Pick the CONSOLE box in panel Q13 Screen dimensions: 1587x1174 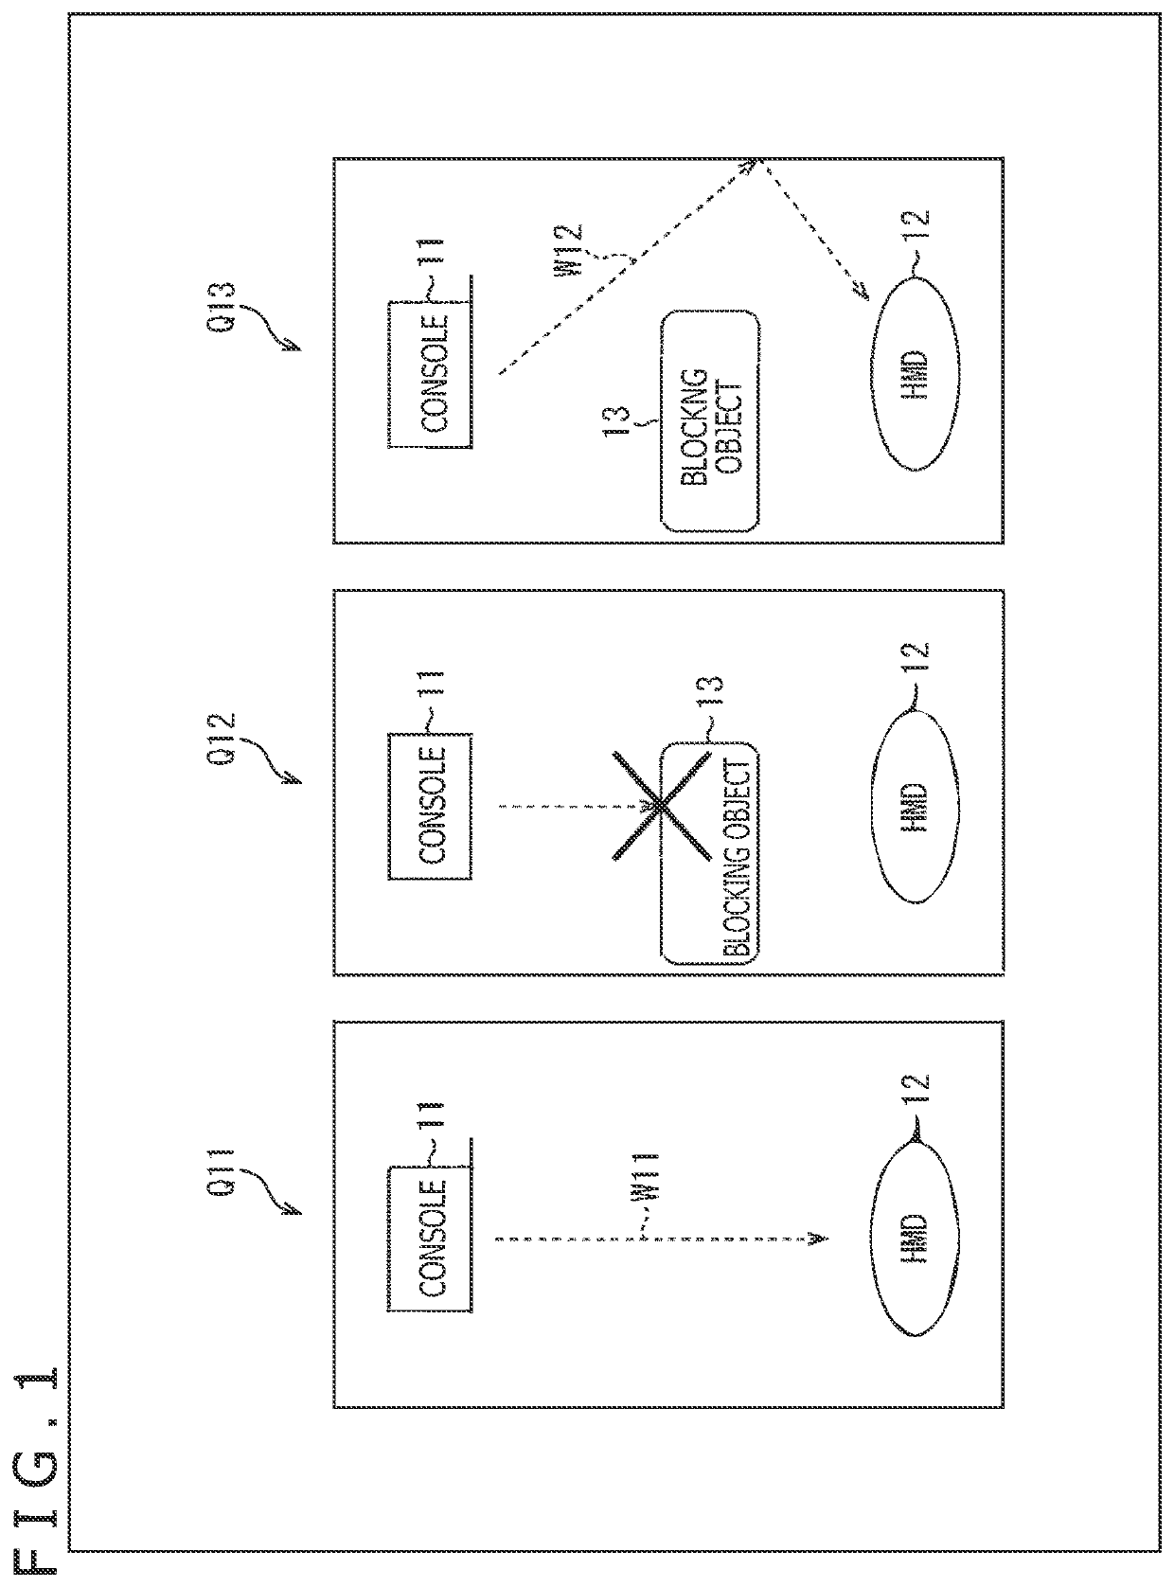[x=430, y=374]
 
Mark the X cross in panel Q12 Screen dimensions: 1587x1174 [x=662, y=806]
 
